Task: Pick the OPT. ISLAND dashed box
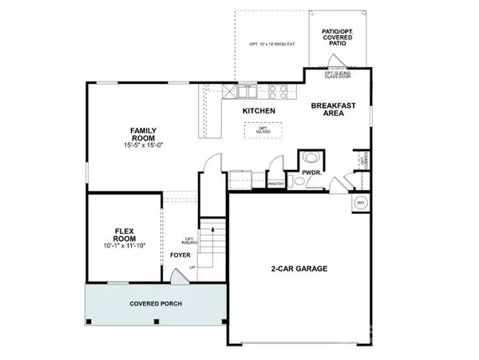264,129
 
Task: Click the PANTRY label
277,184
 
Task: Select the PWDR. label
311,172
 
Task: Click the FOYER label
180,255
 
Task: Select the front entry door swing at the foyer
180,277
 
